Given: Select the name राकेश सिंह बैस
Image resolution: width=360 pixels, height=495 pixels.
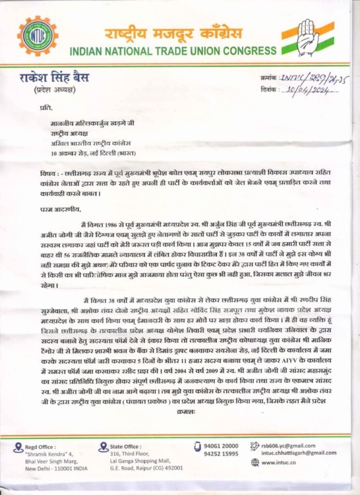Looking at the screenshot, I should coord(54,77).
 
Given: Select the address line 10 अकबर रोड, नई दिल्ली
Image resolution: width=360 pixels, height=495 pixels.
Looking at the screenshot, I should coord(93,153).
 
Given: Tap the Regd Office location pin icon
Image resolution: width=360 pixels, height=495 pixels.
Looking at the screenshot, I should coord(19,447).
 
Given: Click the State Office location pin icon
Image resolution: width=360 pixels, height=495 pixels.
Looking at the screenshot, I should coord(102,447).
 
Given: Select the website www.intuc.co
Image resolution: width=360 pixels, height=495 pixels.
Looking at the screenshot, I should coord(278,463).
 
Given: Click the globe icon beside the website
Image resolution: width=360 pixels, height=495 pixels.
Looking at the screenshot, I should coord(255,463).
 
